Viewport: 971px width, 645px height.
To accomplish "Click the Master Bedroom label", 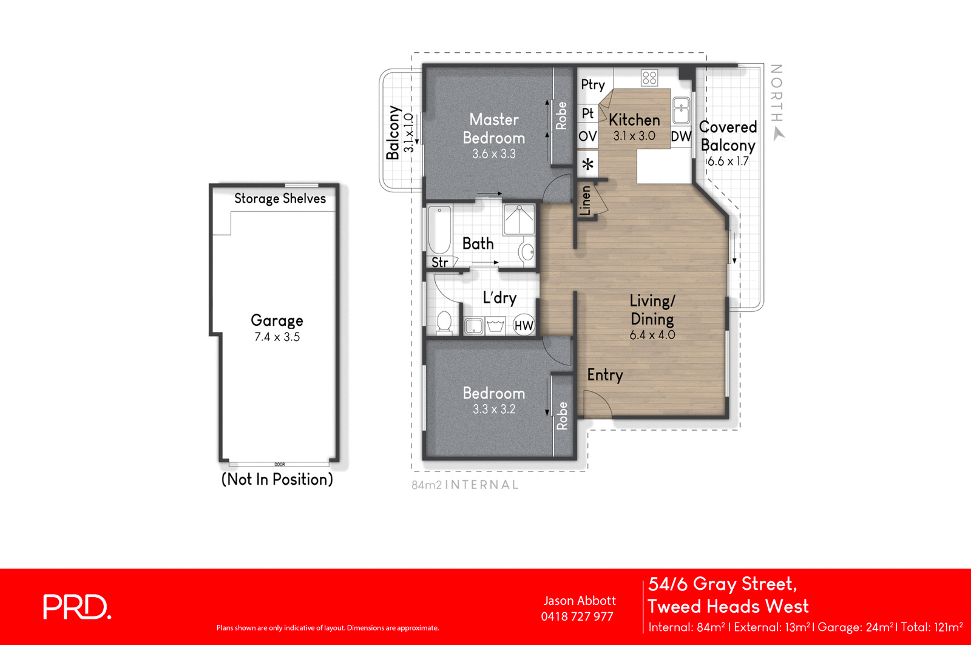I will click(493, 129).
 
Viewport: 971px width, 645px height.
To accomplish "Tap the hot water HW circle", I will click(524, 325).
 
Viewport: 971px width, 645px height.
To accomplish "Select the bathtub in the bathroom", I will click(439, 231).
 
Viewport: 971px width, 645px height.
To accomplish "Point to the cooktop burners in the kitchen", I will click(649, 78).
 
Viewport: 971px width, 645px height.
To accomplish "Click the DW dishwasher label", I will click(681, 137).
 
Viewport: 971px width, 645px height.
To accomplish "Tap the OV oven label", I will click(587, 136).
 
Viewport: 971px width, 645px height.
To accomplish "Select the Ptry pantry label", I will click(593, 84).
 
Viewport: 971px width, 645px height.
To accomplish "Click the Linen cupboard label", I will click(586, 201).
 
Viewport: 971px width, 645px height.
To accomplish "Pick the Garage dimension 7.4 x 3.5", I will click(277, 337).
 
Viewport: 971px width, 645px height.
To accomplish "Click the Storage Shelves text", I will click(280, 198).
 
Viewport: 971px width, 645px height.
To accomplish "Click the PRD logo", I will click(77, 607).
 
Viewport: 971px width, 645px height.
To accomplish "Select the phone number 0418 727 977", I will click(577, 616).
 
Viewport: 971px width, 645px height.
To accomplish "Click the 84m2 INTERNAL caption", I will click(465, 485).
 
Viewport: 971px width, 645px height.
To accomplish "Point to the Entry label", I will click(604, 375).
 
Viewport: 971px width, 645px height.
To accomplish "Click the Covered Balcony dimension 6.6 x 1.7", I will click(728, 161).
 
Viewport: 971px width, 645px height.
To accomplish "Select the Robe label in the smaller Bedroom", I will click(562, 416).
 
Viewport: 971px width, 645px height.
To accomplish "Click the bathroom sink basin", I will click(527, 251).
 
